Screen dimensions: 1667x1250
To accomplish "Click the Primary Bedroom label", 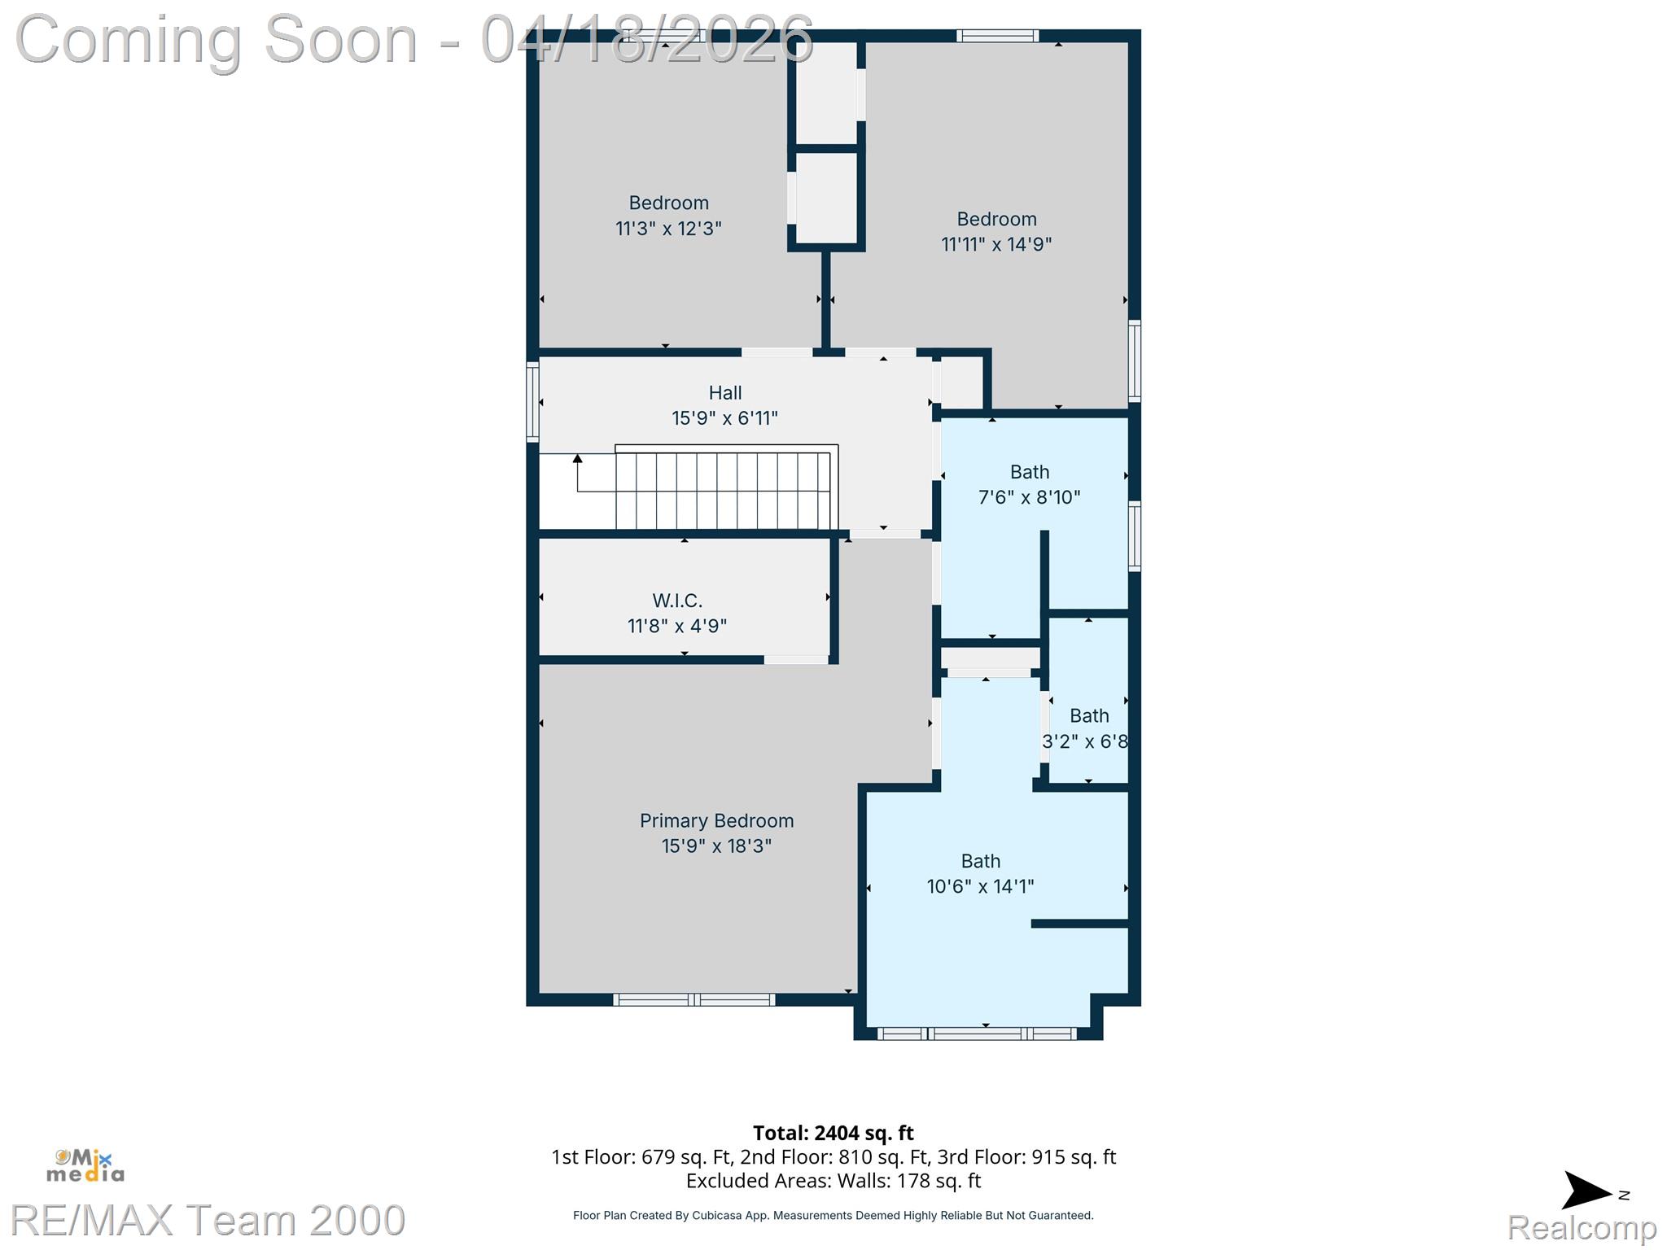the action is [716, 821].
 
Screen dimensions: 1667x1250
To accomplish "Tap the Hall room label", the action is [725, 393].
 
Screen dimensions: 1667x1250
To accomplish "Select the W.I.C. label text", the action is [677, 601].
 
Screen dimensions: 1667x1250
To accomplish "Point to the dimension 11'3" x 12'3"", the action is [668, 229].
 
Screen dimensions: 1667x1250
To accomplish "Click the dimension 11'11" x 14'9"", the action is [996, 244].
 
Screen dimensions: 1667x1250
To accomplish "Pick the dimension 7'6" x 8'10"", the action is [1030, 497].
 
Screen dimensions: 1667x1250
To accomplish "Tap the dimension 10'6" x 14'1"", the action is [980, 886].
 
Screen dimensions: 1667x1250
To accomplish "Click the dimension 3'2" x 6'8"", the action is [1085, 741].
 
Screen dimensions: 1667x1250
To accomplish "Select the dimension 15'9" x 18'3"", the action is [716, 846].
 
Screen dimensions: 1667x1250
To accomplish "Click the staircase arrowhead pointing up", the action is [577, 459].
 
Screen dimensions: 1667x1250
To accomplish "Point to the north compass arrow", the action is [1586, 1191].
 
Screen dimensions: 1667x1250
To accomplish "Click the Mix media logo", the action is [85, 1165].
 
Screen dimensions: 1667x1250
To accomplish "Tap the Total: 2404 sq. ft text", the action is [833, 1133].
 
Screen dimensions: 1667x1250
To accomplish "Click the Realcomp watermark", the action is [1582, 1227].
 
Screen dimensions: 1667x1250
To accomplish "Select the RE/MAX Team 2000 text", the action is [208, 1220].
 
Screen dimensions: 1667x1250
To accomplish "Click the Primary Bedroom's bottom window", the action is [693, 999].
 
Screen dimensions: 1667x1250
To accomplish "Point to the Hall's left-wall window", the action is [532, 402].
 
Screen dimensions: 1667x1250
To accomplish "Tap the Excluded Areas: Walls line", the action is [833, 1181].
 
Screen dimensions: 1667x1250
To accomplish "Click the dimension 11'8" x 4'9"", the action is [677, 626].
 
